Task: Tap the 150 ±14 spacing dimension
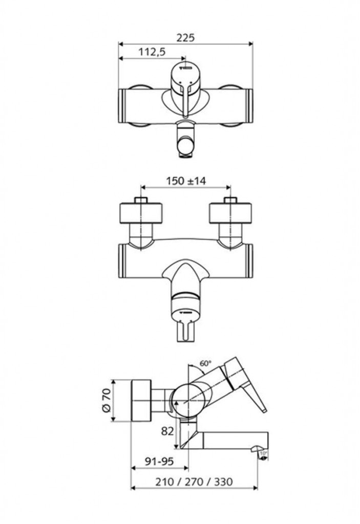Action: pos(186,181)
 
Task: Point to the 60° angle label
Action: pos(205,363)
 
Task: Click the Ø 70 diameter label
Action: pos(106,401)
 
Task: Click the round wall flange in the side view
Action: pos(142,401)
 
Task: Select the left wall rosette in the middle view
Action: pos(141,214)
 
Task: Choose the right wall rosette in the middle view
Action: pos(230,214)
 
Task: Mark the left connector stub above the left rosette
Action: pos(141,200)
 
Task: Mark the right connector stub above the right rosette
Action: pos(230,200)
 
